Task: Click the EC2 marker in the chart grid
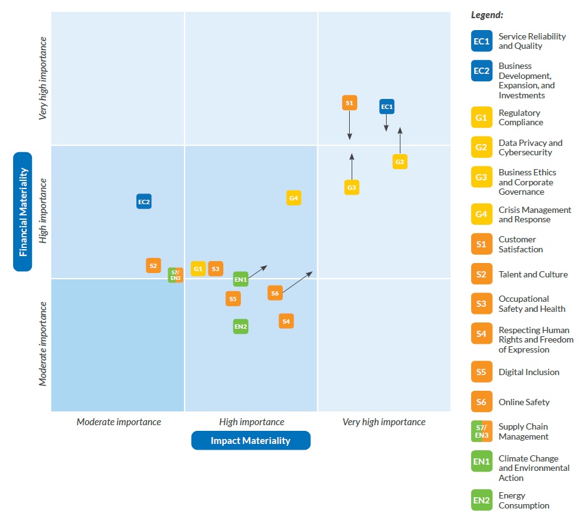pyautogui.click(x=144, y=202)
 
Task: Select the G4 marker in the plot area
pyautogui.click(x=293, y=198)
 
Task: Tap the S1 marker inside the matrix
pyautogui.click(x=349, y=103)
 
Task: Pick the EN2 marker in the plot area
pyautogui.click(x=241, y=326)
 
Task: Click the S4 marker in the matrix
pyautogui.click(x=286, y=321)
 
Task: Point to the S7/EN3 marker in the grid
pyautogui.click(x=176, y=275)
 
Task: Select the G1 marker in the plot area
pyautogui.click(x=198, y=269)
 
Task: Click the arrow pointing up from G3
pyautogui.click(x=352, y=166)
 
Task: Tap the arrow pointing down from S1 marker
pyautogui.click(x=350, y=126)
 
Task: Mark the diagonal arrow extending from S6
pyautogui.click(x=297, y=282)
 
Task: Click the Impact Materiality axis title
pyautogui.click(x=250, y=440)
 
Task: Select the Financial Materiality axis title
pyautogui.click(x=23, y=212)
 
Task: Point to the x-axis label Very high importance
pyautogui.click(x=384, y=422)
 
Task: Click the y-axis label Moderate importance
pyautogui.click(x=43, y=344)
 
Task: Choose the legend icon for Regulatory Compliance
pyautogui.click(x=481, y=118)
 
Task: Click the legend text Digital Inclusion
pyautogui.click(x=529, y=372)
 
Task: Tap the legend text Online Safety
pyautogui.click(x=524, y=402)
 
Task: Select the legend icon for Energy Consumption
pyautogui.click(x=481, y=500)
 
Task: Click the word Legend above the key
pyautogui.click(x=487, y=14)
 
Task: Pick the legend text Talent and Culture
pyautogui.click(x=533, y=274)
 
